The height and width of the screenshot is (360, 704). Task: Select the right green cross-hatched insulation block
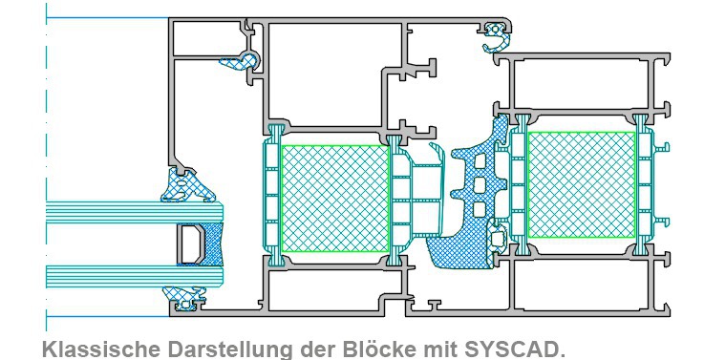[581, 185]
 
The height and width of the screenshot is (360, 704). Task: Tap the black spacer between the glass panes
[189, 244]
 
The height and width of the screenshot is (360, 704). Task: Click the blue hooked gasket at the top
[498, 39]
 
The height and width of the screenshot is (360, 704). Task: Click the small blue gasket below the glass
[185, 305]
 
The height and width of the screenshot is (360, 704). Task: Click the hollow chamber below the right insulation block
[581, 286]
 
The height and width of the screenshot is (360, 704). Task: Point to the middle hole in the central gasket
[478, 182]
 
